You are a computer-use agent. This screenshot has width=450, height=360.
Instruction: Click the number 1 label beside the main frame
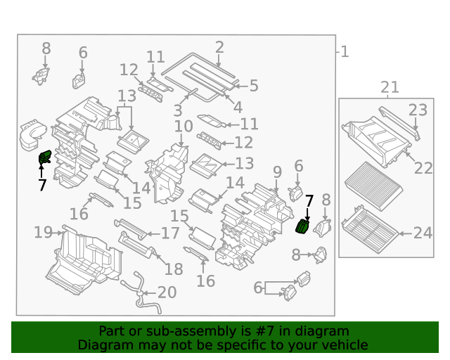tap(345, 51)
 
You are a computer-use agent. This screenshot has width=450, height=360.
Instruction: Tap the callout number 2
tap(219, 47)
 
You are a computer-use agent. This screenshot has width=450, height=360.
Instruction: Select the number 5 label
tap(253, 86)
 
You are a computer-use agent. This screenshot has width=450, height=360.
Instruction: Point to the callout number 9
tap(277, 172)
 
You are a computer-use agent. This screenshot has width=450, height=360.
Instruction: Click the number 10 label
tap(184, 127)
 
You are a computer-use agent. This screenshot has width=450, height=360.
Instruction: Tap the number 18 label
tap(173, 269)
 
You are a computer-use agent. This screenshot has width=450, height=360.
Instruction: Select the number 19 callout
tap(44, 232)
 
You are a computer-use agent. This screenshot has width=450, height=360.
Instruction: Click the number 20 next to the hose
tap(167, 292)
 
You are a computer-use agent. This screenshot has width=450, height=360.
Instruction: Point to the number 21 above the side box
tap(390, 87)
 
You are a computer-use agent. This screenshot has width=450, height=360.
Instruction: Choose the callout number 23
tap(418, 110)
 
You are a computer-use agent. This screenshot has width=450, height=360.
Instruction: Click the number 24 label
tap(423, 233)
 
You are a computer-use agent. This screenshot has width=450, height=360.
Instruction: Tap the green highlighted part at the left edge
tap(44, 159)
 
